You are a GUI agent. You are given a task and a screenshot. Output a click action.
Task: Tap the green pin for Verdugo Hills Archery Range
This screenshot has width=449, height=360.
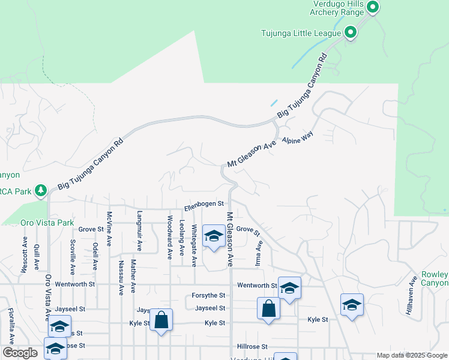pos(372,8)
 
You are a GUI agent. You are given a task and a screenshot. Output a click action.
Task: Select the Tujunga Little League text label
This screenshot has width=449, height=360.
pos(301,33)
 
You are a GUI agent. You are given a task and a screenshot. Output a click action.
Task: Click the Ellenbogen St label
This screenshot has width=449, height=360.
pos(204,205)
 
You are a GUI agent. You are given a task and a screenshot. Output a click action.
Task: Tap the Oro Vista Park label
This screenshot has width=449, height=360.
pos(47,223)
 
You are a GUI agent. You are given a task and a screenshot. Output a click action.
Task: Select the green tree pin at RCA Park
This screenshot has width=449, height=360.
pos(41,190)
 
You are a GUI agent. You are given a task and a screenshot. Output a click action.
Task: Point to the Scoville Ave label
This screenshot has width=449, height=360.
pos(73,255)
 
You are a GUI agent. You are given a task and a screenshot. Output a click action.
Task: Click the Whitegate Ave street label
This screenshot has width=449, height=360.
pos(194,245)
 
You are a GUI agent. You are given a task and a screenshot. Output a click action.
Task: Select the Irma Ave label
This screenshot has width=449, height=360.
pos(259,253)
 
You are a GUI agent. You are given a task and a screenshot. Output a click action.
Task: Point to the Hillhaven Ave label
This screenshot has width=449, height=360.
pos(412,296)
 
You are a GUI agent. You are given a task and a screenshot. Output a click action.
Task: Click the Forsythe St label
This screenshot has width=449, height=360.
pos(208,295)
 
